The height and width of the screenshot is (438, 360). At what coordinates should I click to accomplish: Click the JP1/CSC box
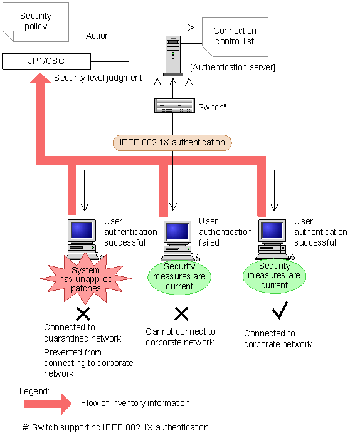(x=46, y=61)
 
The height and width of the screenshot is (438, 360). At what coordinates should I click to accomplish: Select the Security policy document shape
(x=36, y=22)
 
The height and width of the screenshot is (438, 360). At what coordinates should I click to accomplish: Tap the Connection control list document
(x=235, y=36)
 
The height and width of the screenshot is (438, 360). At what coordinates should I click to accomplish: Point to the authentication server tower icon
(x=173, y=56)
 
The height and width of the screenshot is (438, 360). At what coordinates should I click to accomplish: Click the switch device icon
(x=175, y=106)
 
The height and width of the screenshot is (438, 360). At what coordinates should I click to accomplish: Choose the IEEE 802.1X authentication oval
(x=172, y=143)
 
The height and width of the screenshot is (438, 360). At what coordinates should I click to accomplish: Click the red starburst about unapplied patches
(x=86, y=278)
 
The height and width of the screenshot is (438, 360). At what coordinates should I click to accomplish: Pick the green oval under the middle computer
(x=179, y=277)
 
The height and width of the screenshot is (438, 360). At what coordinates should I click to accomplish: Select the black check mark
(x=280, y=310)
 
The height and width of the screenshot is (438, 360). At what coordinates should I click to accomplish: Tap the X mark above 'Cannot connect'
(x=181, y=314)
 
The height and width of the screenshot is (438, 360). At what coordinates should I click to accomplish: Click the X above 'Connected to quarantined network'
(x=83, y=314)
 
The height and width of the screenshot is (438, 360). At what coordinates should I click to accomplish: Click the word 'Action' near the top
(x=98, y=36)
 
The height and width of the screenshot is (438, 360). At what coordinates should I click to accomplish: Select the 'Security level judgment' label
(x=98, y=78)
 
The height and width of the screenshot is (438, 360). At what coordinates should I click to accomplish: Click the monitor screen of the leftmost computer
(x=82, y=230)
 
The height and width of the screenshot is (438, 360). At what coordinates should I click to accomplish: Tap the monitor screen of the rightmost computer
(x=272, y=230)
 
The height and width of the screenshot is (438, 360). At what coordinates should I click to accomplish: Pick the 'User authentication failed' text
(x=225, y=232)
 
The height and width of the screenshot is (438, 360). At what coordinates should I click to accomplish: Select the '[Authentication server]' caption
(x=233, y=67)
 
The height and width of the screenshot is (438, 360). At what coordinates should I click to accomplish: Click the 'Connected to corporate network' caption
(x=278, y=338)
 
